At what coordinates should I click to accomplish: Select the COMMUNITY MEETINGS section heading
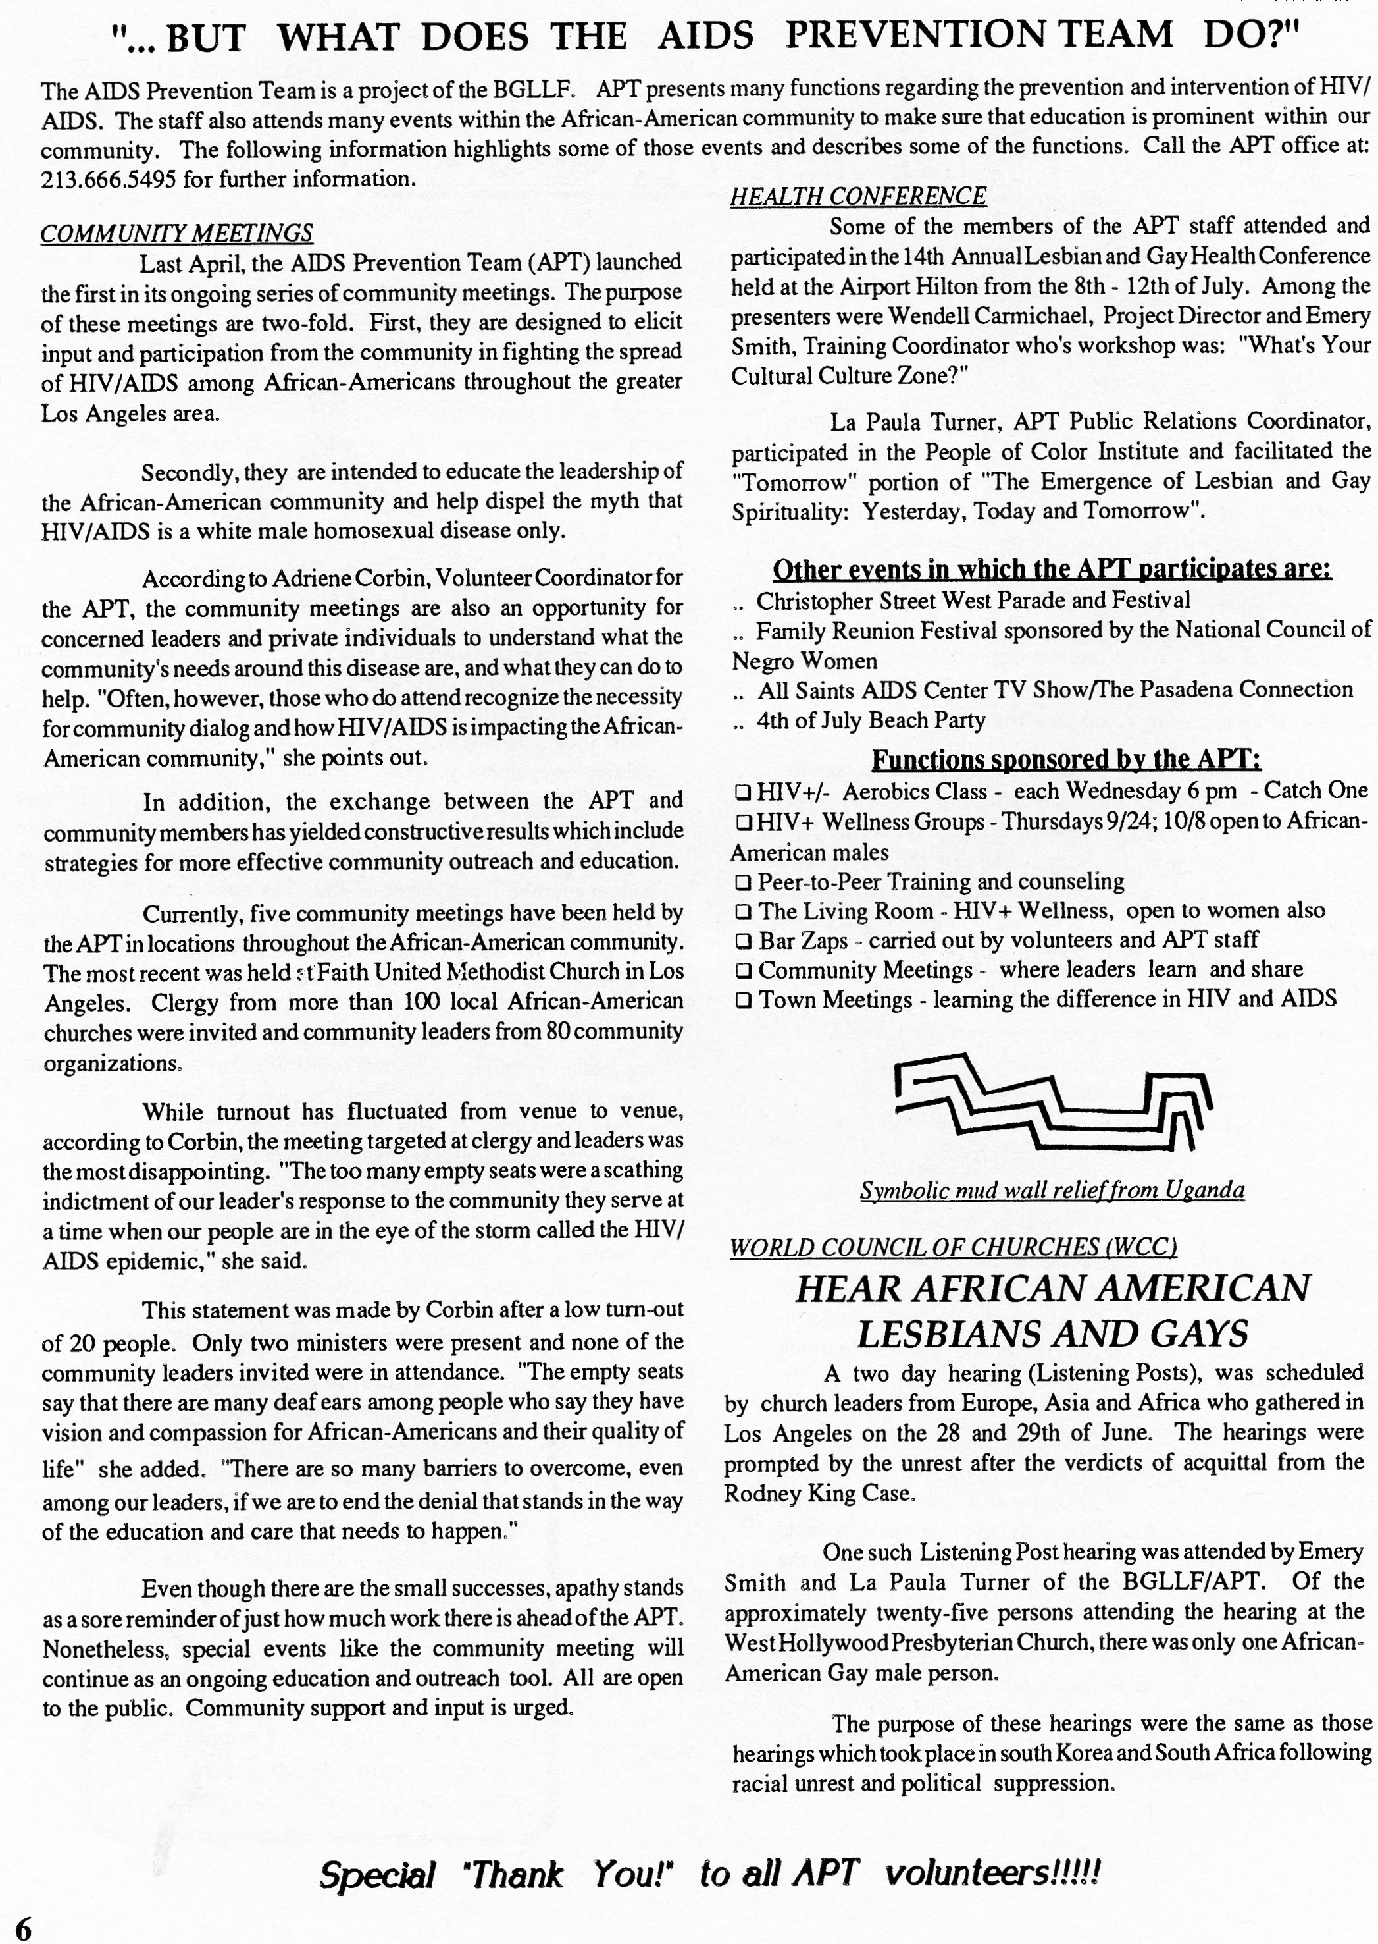coord(176,232)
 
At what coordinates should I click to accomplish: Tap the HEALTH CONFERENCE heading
coord(858,196)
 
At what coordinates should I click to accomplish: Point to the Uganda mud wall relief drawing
coord(1052,1104)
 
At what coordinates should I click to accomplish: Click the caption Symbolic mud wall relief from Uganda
coord(1052,1190)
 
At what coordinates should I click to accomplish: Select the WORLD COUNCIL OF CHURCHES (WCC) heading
coord(953,1247)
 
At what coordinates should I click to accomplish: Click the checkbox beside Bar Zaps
coord(744,940)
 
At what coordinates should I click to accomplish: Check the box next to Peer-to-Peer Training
coord(744,882)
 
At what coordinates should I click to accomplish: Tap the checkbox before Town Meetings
coord(744,1000)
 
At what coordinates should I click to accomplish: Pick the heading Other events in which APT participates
coord(1052,569)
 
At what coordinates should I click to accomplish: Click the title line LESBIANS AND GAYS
coord(1052,1334)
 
